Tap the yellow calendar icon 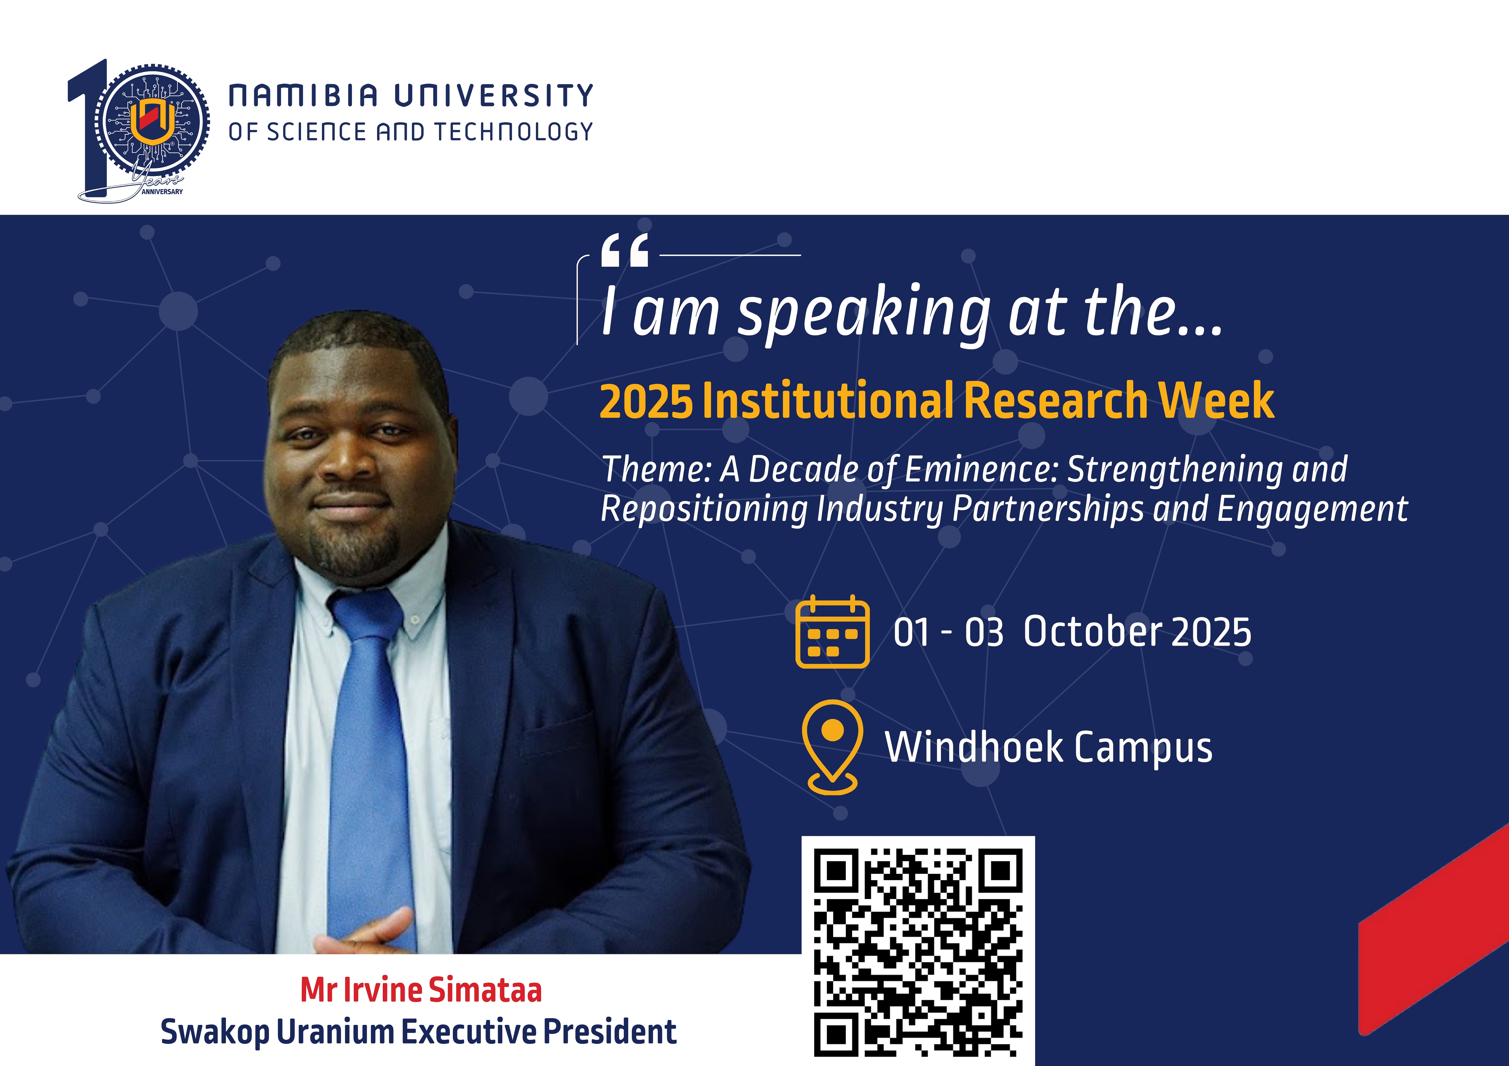832,632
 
